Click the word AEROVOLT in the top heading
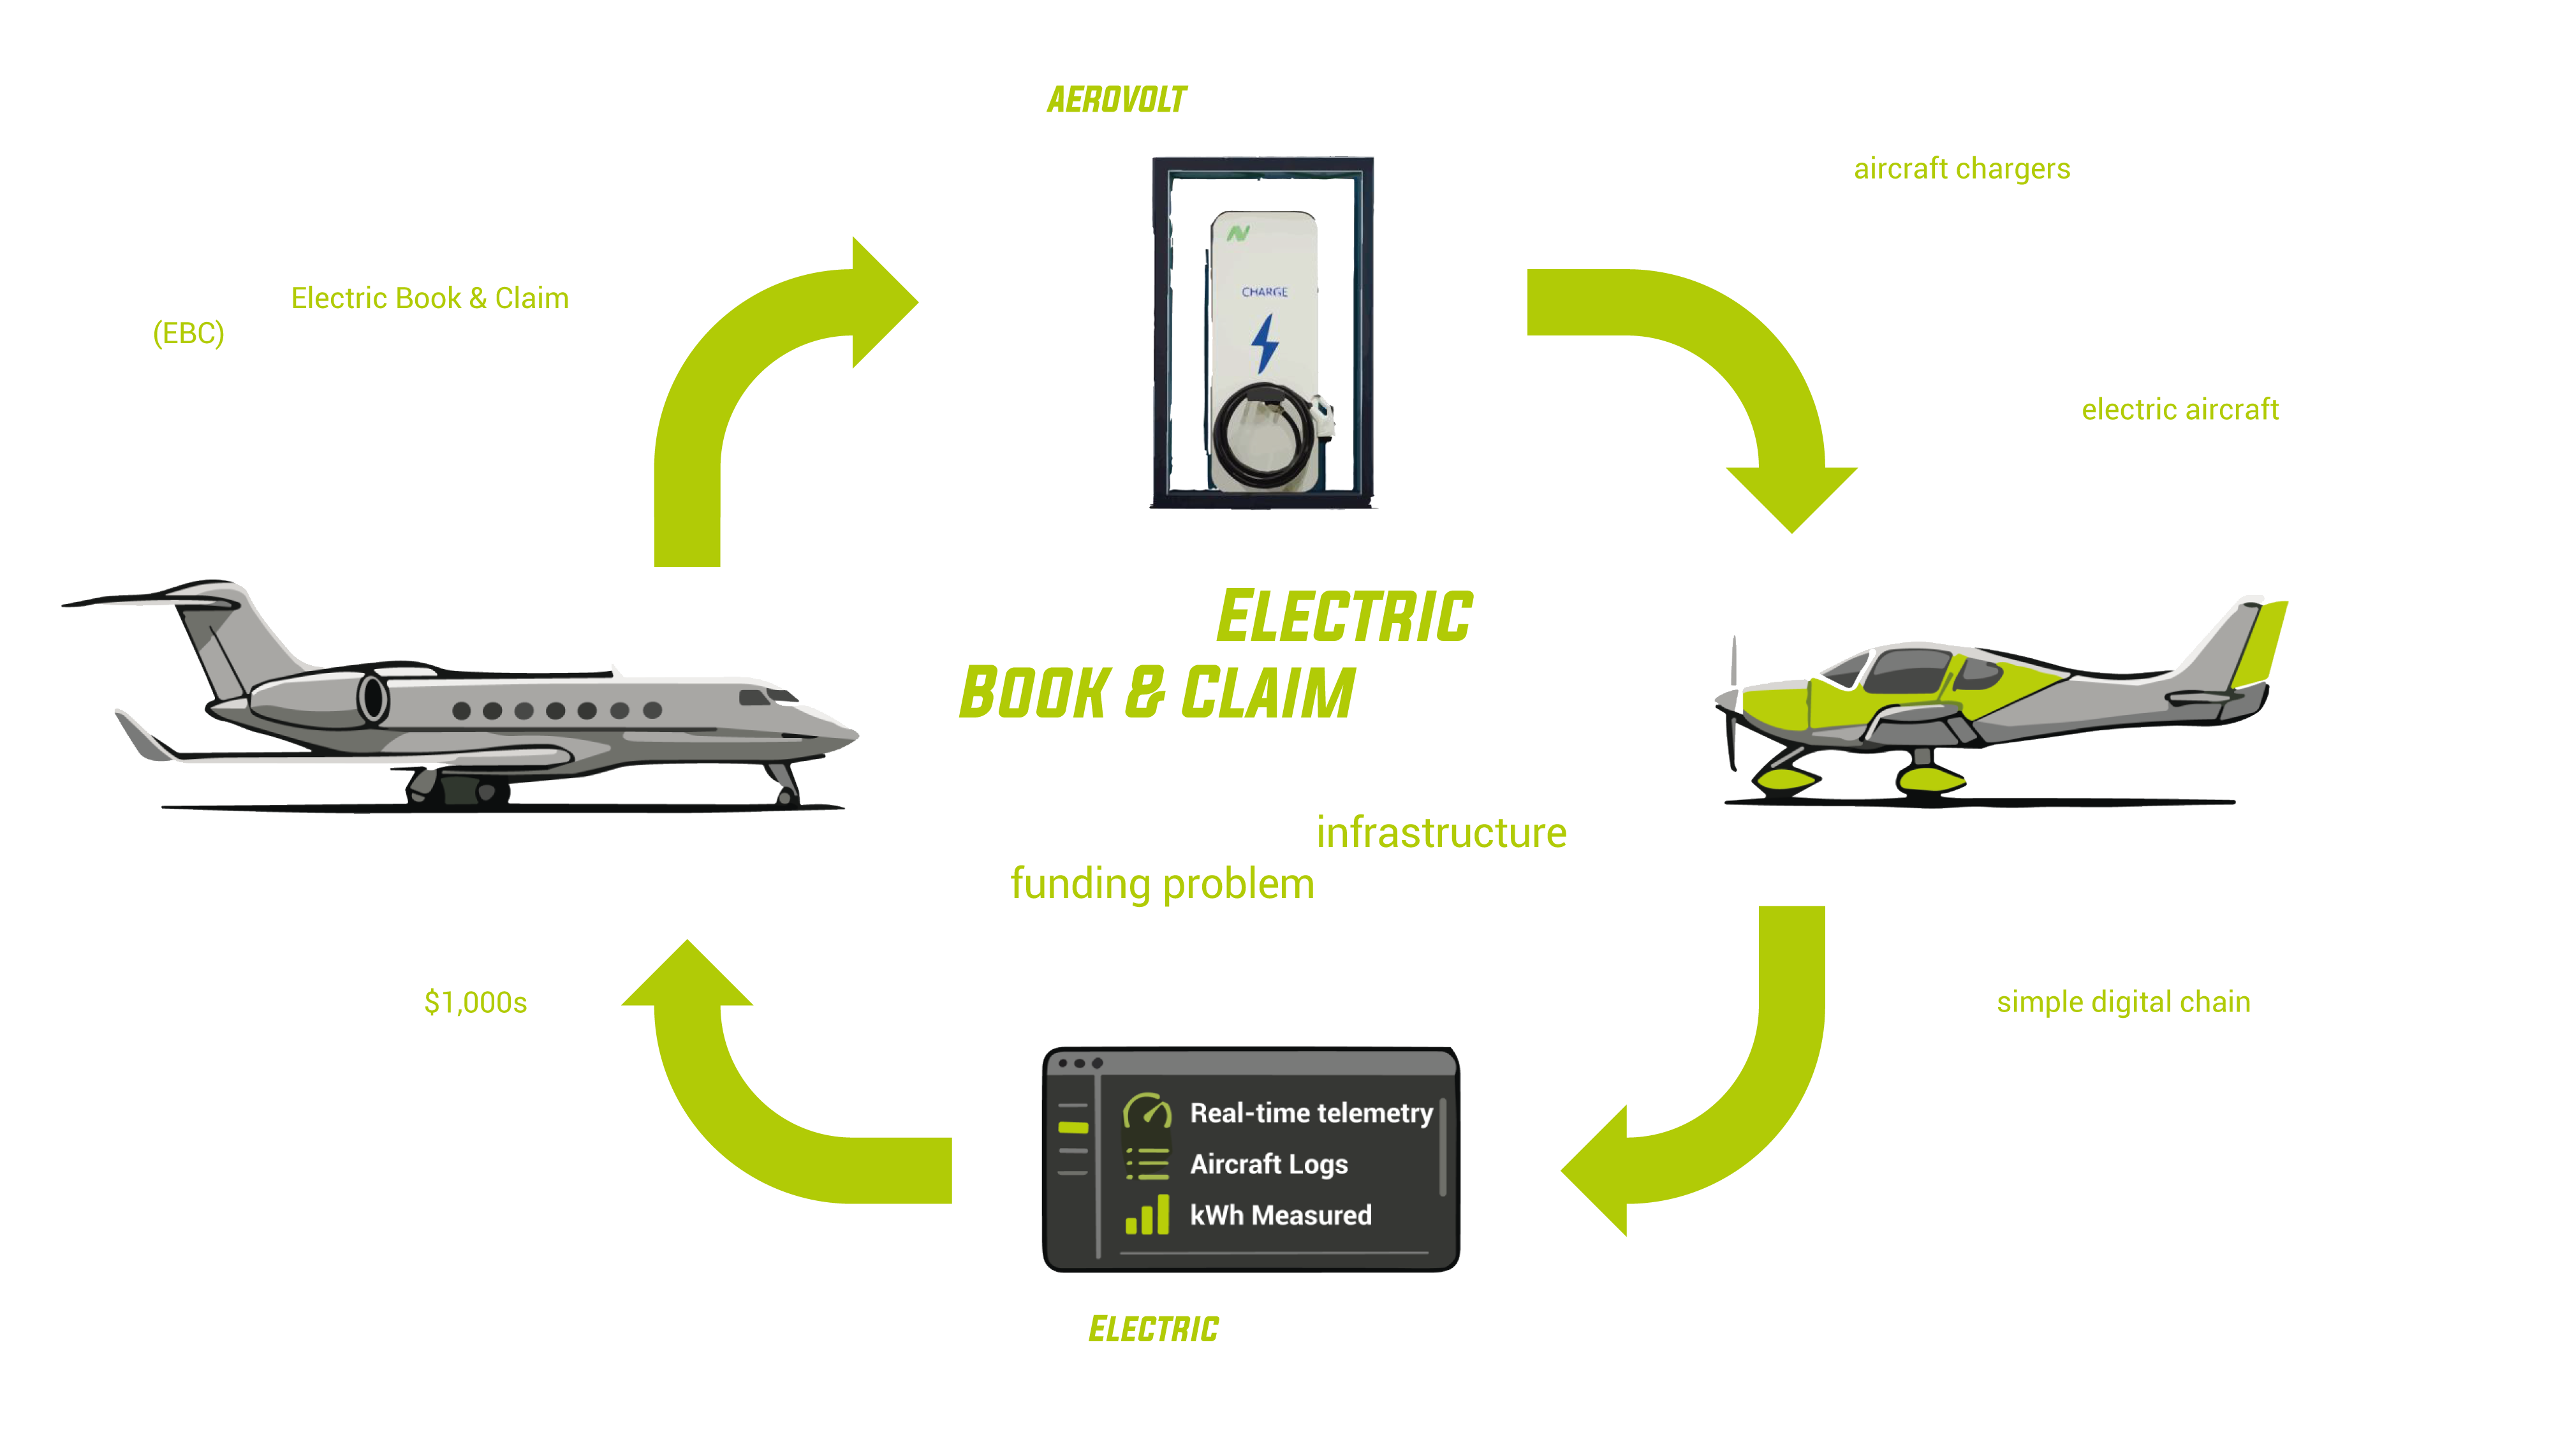[1116, 100]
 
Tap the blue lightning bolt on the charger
[1265, 342]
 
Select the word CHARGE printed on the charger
[1265, 292]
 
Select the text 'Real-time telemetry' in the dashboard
[1310, 1113]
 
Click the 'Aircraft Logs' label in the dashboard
[1268, 1165]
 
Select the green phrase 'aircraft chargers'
[1961, 168]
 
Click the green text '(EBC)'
[188, 334]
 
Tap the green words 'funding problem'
[1161, 883]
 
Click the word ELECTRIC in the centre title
[1345, 617]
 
